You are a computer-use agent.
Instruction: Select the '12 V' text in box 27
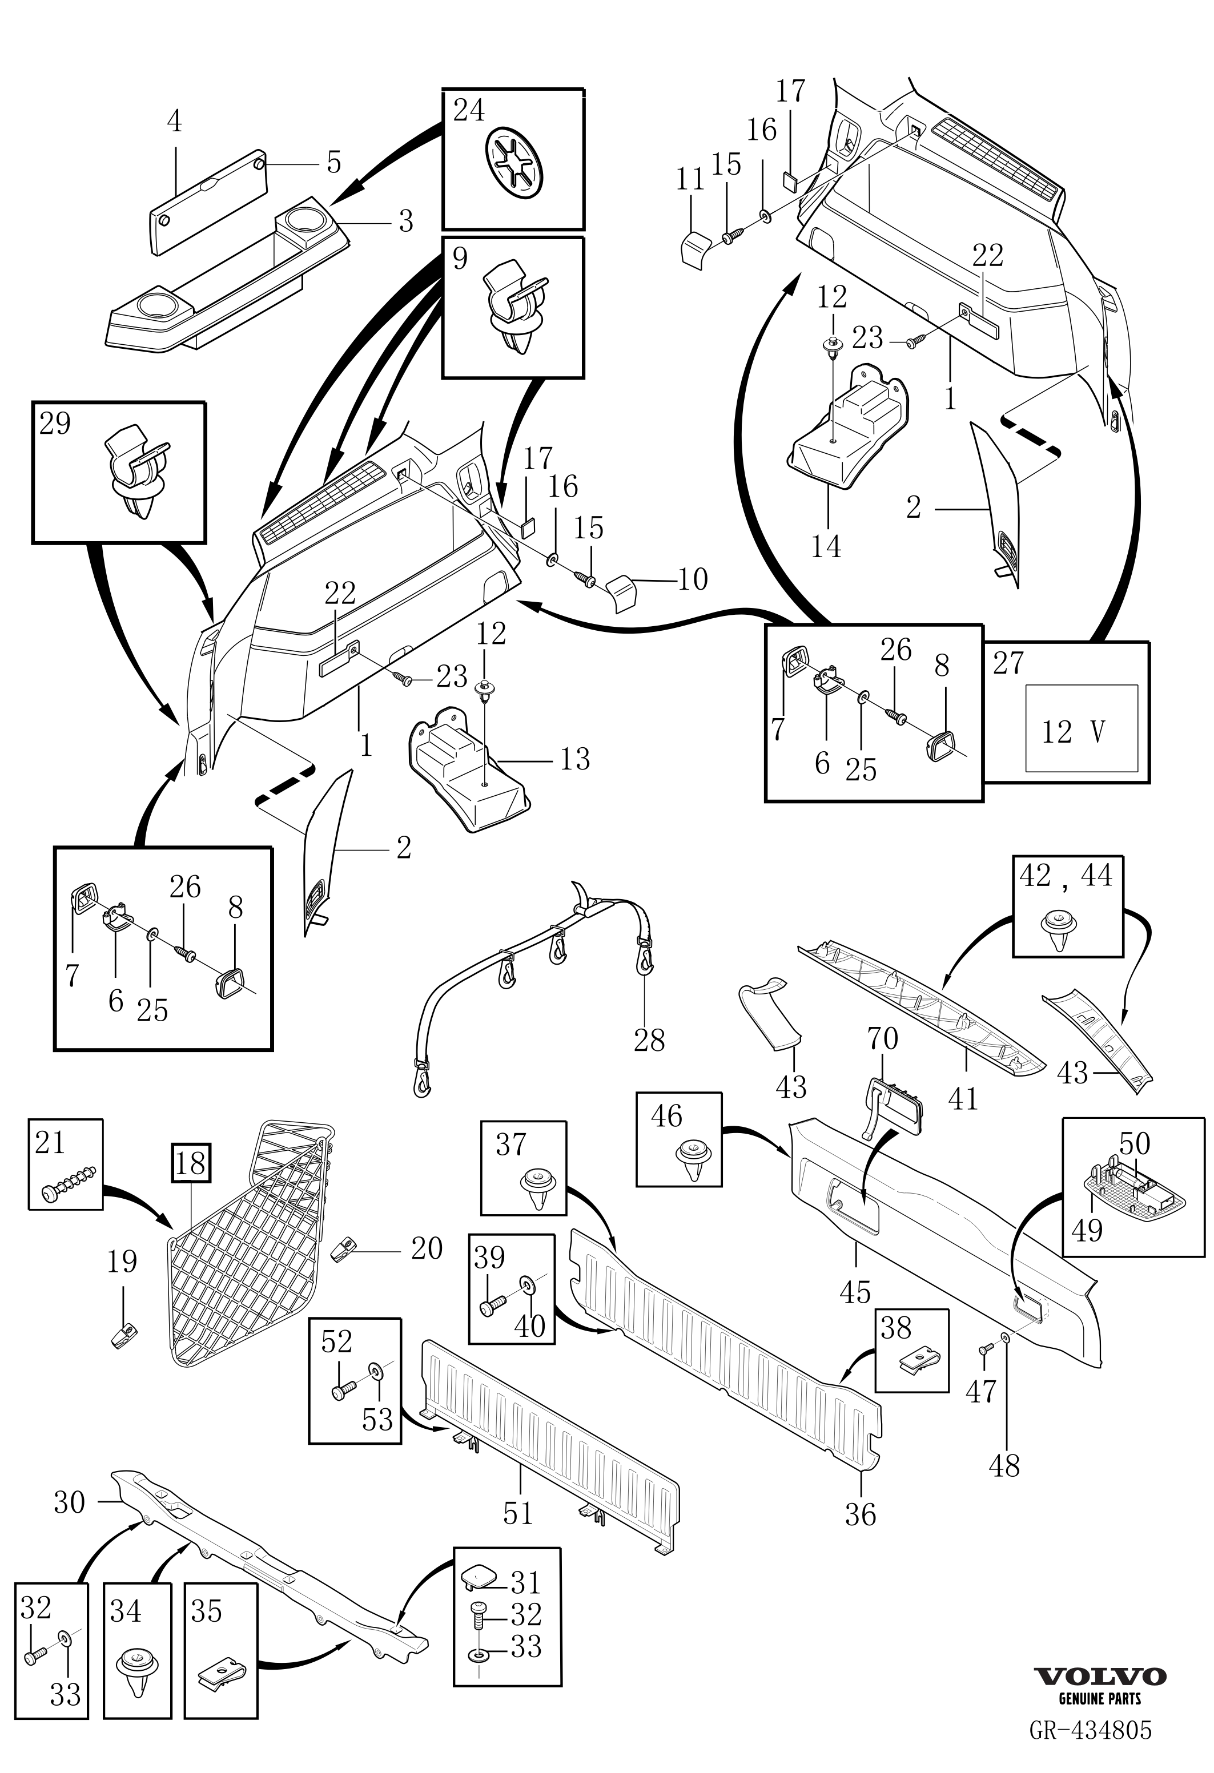click(1074, 732)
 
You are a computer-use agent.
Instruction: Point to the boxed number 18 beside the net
click(191, 1163)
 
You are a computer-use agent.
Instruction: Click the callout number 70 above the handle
click(882, 1038)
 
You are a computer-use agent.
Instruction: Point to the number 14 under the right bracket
click(826, 546)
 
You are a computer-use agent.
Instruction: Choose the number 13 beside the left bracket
click(574, 759)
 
